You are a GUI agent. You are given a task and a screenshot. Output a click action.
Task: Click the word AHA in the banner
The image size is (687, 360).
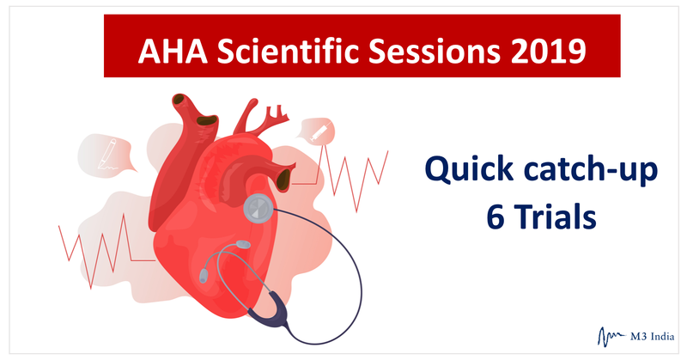coord(173,51)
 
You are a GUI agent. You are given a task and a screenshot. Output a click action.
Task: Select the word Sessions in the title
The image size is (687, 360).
coord(434,51)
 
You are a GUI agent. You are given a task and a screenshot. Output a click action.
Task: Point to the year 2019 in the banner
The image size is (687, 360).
coord(548,51)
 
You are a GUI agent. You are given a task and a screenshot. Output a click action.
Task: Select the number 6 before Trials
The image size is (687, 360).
coord(495,217)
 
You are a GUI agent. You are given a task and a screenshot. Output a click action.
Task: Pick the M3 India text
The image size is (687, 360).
coord(653,337)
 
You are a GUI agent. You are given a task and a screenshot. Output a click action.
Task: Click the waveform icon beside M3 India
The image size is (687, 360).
coord(611,337)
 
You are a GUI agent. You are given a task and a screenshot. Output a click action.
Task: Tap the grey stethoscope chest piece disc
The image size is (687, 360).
coord(258,208)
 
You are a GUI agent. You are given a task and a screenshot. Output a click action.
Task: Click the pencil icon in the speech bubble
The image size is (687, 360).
coord(107,154)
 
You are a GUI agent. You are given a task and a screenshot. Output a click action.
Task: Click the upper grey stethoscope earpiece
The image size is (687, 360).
coord(243,244)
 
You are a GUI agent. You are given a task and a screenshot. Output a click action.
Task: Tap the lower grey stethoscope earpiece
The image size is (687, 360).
coord(204,276)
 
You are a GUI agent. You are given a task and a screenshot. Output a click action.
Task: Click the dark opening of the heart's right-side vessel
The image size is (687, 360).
coord(284,179)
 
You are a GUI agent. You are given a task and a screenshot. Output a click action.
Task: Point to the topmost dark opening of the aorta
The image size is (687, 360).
coord(179,100)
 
